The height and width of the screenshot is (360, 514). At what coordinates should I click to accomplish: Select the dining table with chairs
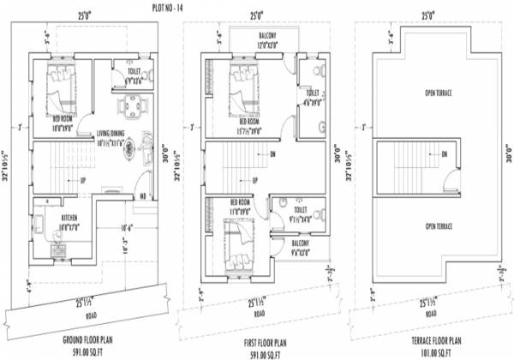[130, 106]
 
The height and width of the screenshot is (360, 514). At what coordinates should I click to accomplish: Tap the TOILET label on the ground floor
[122, 73]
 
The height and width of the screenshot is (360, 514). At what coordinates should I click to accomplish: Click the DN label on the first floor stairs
[272, 155]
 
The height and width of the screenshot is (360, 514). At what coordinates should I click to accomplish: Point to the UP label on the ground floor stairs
[82, 180]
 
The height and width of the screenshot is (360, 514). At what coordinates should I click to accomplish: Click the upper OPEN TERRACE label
[437, 92]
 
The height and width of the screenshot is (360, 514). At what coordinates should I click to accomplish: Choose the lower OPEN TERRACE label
[437, 226]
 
